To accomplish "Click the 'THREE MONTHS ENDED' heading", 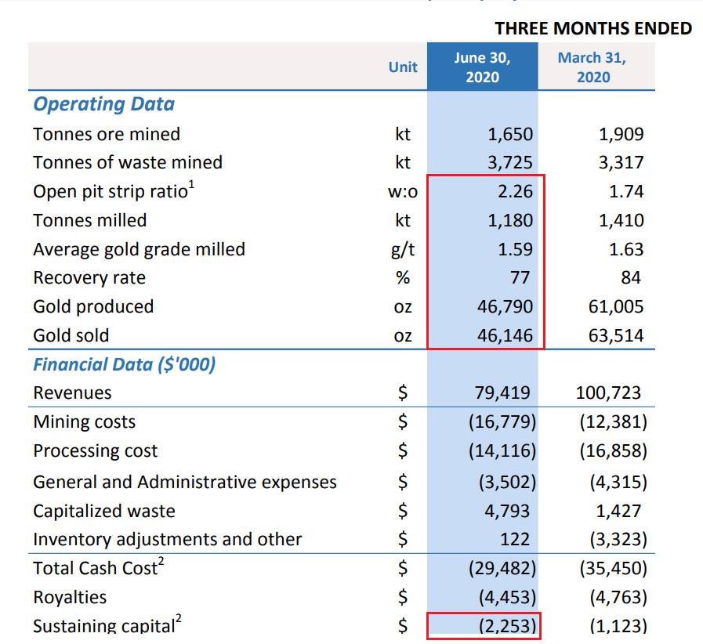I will tap(593, 29).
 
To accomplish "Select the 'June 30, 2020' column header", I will tap(482, 67).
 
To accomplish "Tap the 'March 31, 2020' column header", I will tap(592, 67).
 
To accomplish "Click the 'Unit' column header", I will tap(403, 67).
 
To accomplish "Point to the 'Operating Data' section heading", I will tap(103, 104).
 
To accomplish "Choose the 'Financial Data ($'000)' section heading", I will tap(124, 364).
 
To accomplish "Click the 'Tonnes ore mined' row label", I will tap(107, 134).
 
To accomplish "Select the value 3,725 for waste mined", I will tap(509, 163).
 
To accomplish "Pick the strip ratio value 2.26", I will tap(515, 192).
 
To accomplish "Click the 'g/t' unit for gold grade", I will tap(403, 249).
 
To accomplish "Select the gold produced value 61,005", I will tap(616, 307).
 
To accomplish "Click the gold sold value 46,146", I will tap(505, 336).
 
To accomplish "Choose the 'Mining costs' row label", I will tap(84, 422).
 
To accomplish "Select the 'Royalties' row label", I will tap(70, 598).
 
